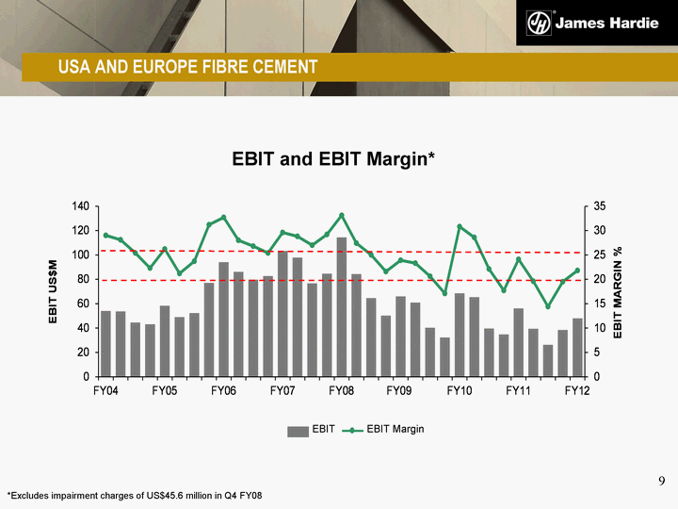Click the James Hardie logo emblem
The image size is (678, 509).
point(539,23)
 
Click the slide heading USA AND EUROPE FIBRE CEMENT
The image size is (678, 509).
point(188,67)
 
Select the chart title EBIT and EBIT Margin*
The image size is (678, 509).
point(333,159)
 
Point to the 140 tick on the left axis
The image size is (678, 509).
point(80,206)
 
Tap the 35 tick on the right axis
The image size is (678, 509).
point(600,206)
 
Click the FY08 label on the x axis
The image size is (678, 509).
point(341,391)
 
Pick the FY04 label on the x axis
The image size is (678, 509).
point(105,391)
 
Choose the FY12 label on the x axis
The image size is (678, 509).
point(577,391)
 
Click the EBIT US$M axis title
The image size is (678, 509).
point(53,291)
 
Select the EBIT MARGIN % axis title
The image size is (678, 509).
point(618,292)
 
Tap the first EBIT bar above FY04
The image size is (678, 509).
point(105,344)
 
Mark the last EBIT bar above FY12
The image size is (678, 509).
point(577,348)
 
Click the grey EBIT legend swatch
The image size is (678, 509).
point(298,432)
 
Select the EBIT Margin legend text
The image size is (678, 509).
point(395,429)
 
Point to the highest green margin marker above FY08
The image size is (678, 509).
point(342,215)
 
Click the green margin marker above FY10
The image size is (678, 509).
point(460,226)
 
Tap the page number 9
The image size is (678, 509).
point(662,481)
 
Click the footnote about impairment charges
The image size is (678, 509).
point(135,496)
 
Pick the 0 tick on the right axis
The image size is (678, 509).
point(597,377)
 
